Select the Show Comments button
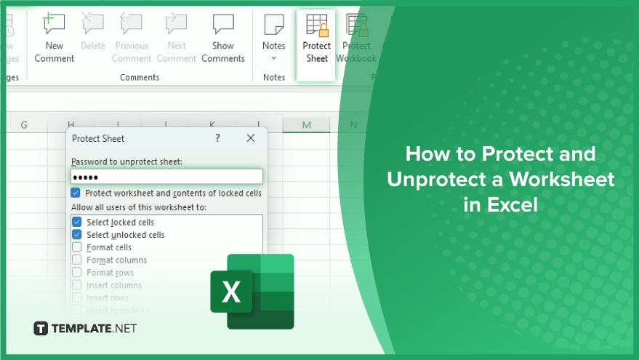click(223, 41)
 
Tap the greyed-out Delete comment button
click(93, 36)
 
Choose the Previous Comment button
click(132, 41)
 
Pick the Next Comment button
click(177, 41)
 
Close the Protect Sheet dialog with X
click(251, 138)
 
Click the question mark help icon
click(217, 138)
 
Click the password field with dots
click(166, 177)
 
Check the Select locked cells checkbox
click(76, 222)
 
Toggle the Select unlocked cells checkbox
click(76, 235)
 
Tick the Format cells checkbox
click(76, 247)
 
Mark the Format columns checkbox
click(76, 260)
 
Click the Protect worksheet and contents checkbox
click(76, 193)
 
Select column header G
click(24, 125)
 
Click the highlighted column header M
click(306, 125)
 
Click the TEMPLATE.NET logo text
click(85, 329)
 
